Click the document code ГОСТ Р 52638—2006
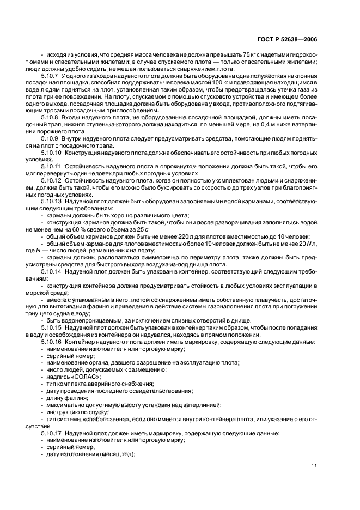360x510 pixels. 294,39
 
